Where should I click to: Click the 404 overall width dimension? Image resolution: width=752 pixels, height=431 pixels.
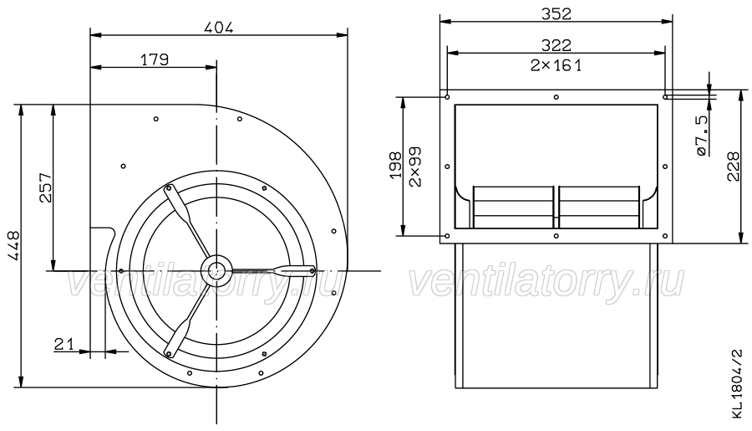219,28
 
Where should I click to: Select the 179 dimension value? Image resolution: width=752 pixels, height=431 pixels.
155,60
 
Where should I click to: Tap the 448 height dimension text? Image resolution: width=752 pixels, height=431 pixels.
14,246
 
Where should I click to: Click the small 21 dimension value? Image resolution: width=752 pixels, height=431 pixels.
64,344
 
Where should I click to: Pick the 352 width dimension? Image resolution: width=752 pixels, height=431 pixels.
556,14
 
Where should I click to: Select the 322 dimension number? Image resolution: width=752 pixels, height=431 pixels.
556,45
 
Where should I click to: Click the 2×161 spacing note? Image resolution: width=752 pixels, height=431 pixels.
556,65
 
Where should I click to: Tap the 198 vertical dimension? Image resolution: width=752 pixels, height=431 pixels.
396,166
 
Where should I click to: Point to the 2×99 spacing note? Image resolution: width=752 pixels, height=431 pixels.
415,167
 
